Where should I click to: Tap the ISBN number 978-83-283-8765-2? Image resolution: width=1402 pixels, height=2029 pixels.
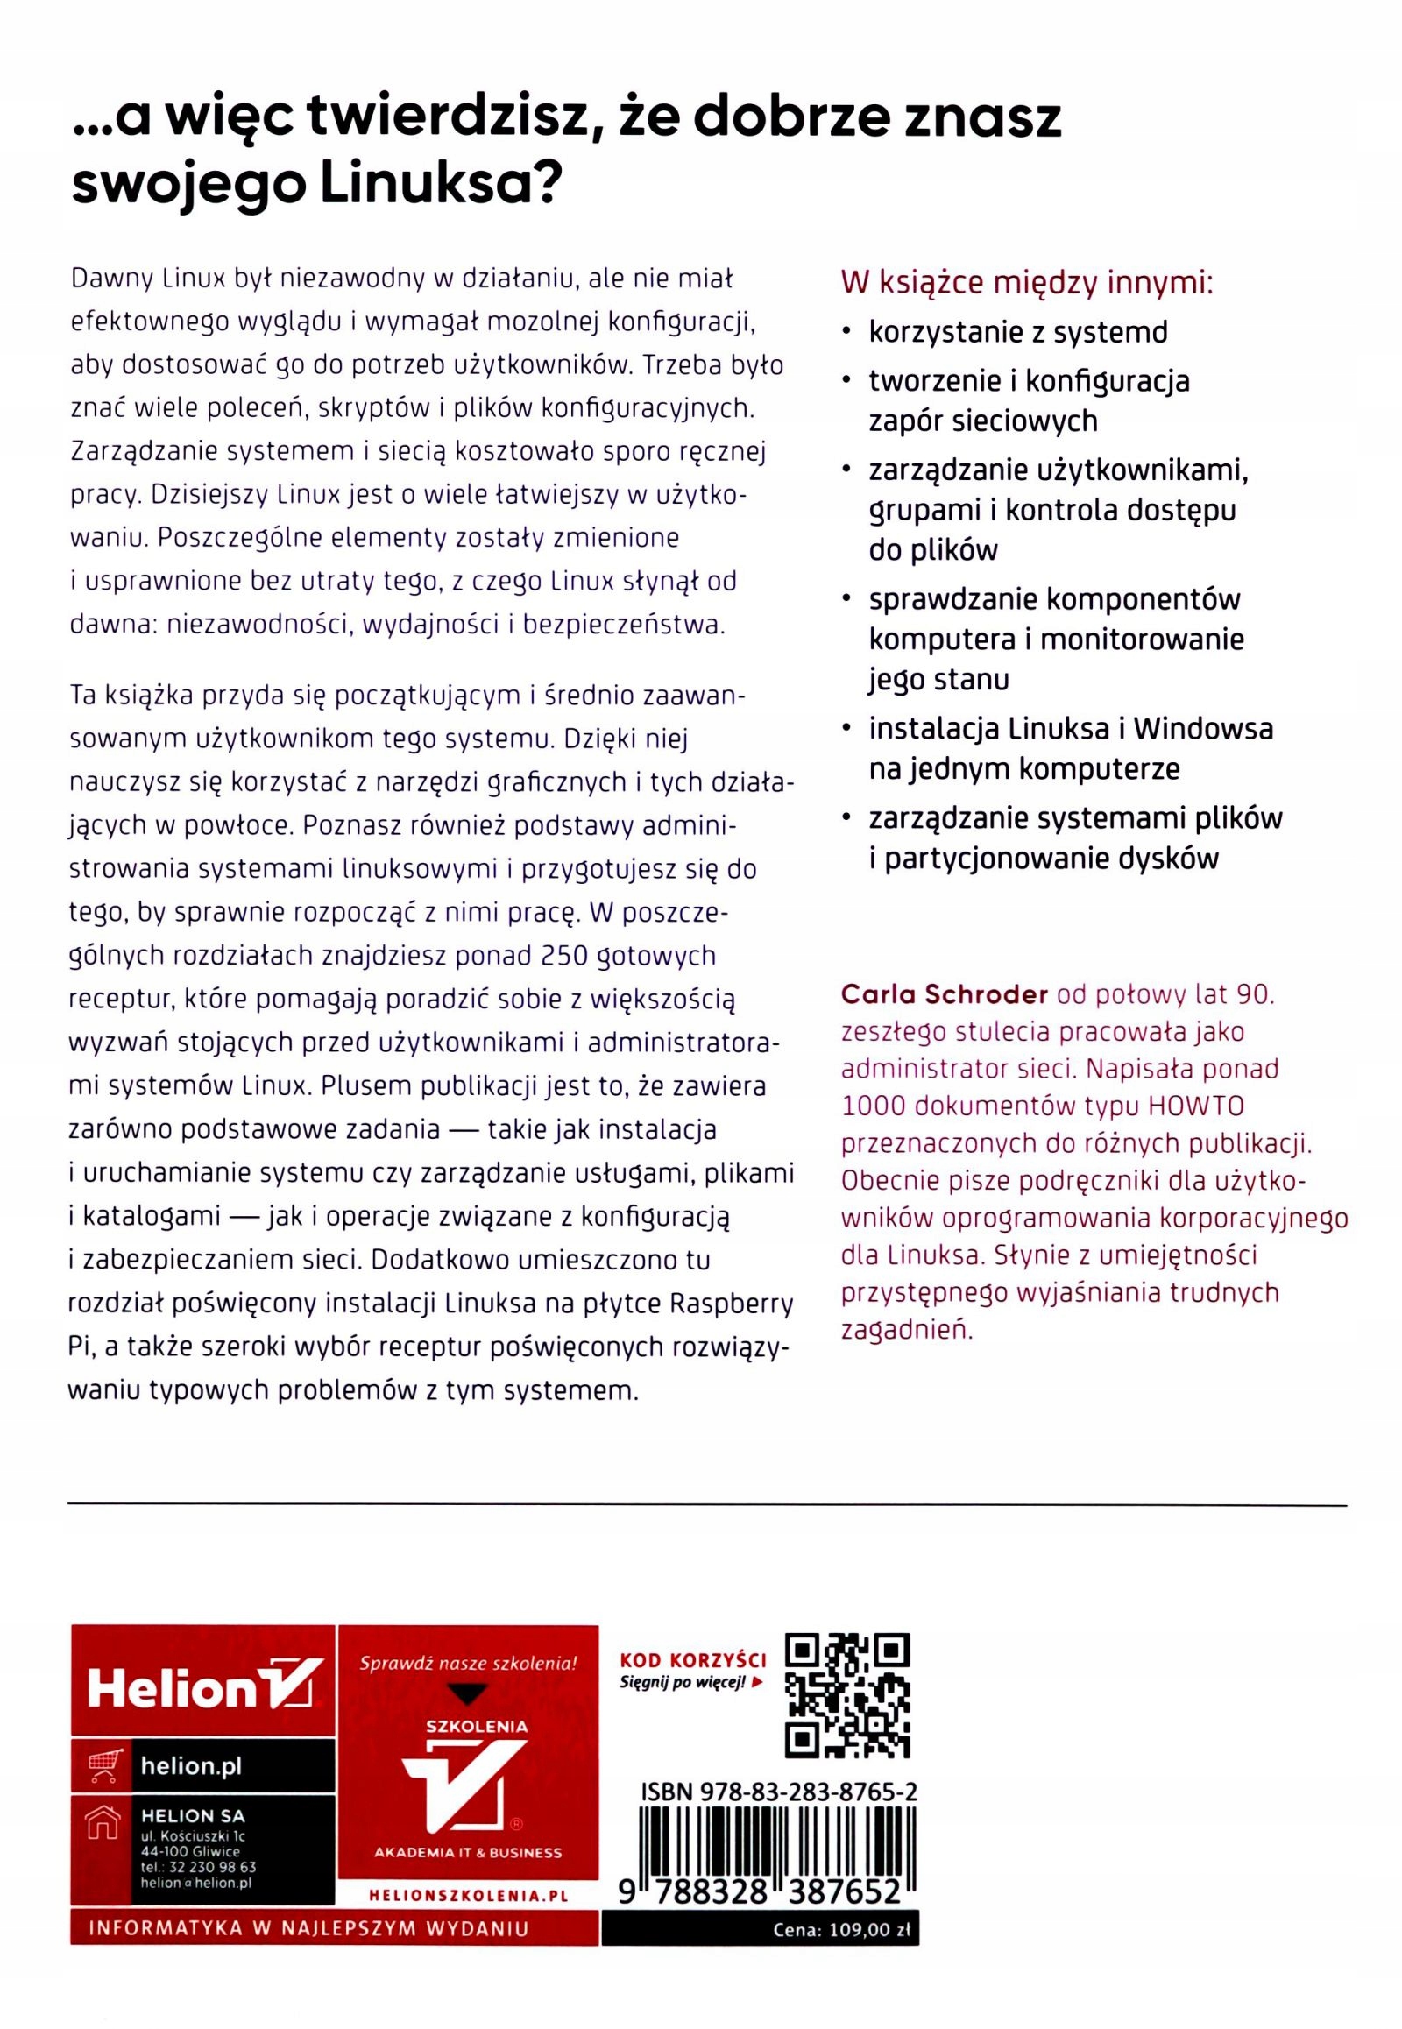coord(779,1792)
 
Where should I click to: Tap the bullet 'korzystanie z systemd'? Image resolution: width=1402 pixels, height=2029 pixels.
coord(1018,333)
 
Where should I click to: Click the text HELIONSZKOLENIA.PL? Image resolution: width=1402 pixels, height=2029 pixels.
coord(467,1897)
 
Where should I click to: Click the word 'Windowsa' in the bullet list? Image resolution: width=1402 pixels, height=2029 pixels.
coord(1202,728)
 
